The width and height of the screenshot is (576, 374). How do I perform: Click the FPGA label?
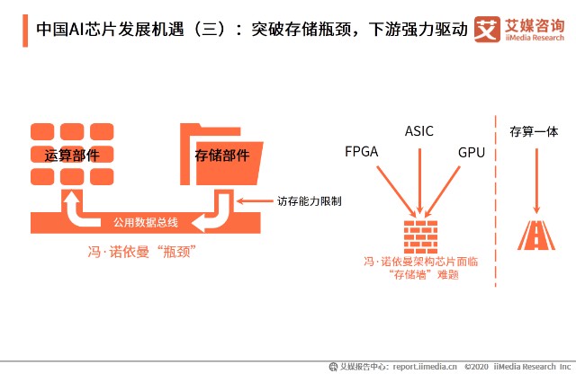(x=362, y=152)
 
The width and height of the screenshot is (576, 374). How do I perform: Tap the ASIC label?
(x=418, y=131)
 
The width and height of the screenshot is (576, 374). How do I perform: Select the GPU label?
(x=471, y=152)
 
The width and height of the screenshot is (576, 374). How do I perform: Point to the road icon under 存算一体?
(x=536, y=235)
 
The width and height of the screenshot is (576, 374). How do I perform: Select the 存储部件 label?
(x=222, y=155)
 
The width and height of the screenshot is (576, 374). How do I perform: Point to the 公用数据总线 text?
(x=145, y=222)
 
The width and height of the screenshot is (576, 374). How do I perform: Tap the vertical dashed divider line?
(x=496, y=198)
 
